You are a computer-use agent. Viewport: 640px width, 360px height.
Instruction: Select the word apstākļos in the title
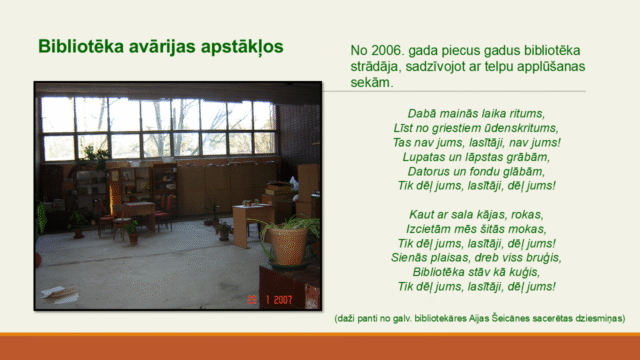coord(245,47)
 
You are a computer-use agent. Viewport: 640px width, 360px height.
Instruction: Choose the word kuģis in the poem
coord(539,271)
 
